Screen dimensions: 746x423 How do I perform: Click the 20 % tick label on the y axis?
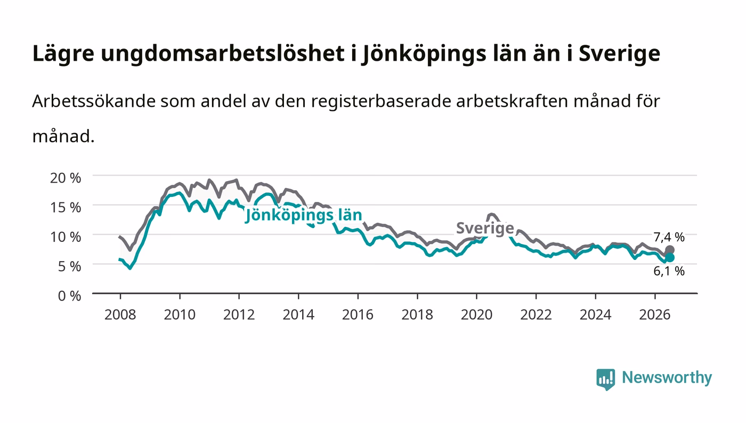pyautogui.click(x=65, y=178)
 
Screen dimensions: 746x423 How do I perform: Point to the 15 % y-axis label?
pyautogui.click(x=65, y=207)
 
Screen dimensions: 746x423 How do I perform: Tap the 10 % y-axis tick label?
pyautogui.click(x=65, y=237)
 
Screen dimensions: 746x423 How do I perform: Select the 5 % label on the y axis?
pyautogui.click(x=69, y=266)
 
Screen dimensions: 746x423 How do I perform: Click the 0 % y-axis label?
pyautogui.click(x=69, y=296)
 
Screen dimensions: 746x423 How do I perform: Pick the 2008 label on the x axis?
pyautogui.click(x=120, y=315)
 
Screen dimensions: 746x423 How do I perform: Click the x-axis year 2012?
pyautogui.click(x=239, y=315)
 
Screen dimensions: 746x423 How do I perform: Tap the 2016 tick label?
pyautogui.click(x=358, y=315)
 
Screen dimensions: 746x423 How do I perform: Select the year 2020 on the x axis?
pyautogui.click(x=476, y=315)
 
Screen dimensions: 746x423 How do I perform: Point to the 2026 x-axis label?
pyautogui.click(x=655, y=315)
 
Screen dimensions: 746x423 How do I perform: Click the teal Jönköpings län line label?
pyautogui.click(x=303, y=216)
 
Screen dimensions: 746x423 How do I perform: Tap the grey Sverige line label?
pyautogui.click(x=485, y=229)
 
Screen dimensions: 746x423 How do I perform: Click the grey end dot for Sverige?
pyautogui.click(x=670, y=250)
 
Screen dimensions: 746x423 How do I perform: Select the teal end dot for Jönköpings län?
pyautogui.click(x=670, y=257)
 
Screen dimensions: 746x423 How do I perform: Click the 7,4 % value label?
pyautogui.click(x=669, y=237)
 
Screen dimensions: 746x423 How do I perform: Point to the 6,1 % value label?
pyautogui.click(x=669, y=271)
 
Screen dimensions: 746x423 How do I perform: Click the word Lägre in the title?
pyautogui.click(x=63, y=54)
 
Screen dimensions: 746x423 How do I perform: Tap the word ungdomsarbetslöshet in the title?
pyautogui.click(x=223, y=54)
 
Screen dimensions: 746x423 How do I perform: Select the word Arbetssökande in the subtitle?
pyautogui.click(x=94, y=101)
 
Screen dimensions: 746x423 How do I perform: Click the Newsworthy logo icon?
pyautogui.click(x=606, y=379)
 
